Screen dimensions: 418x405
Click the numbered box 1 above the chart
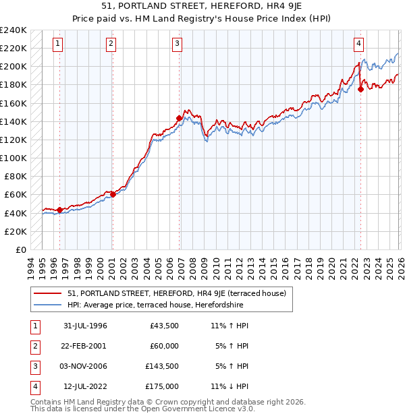point(58,44)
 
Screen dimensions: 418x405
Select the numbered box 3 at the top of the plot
point(177,44)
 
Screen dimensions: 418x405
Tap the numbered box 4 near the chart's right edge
point(359,44)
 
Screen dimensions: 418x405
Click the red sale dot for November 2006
point(179,118)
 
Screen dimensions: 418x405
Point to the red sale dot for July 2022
point(361,89)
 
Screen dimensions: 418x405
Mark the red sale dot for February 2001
point(113,194)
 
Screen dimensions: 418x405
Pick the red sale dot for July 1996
point(60,210)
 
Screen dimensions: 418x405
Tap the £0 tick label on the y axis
point(20,249)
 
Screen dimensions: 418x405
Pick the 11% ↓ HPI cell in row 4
point(230,386)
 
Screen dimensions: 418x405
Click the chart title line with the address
point(202,7)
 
